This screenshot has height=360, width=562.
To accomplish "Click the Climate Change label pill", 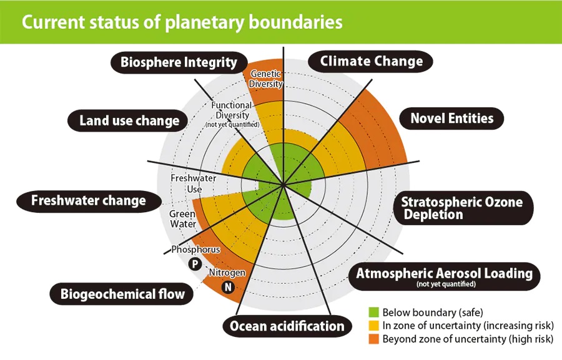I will pyautogui.click(x=372, y=61).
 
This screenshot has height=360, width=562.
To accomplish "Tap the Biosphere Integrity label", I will pyautogui.click(x=179, y=62).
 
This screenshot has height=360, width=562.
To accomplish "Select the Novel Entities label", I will pyautogui.click(x=451, y=118).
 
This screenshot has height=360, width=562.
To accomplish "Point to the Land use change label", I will pyautogui.click(x=129, y=120).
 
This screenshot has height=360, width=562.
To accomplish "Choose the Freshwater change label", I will pyautogui.click(x=88, y=200).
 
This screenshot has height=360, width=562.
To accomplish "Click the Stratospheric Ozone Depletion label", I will pyautogui.click(x=461, y=208).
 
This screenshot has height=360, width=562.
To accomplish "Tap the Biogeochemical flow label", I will pyautogui.click(x=122, y=293).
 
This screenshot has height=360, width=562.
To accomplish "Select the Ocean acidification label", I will pyautogui.click(x=287, y=326).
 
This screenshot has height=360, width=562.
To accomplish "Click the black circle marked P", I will pyautogui.click(x=195, y=264).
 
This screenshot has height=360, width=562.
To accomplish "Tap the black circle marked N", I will pyautogui.click(x=228, y=288).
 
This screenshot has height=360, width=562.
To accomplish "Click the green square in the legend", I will pyautogui.click(x=374, y=312).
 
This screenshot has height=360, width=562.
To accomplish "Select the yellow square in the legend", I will pyautogui.click(x=374, y=326).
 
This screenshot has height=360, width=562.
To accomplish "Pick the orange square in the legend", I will pyautogui.click(x=374, y=339).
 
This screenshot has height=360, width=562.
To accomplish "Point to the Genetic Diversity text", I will pyautogui.click(x=266, y=79).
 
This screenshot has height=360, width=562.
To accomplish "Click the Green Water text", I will pyautogui.click(x=182, y=219).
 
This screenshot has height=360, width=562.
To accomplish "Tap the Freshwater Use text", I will pyautogui.click(x=194, y=183).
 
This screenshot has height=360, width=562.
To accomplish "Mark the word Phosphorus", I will pyautogui.click(x=195, y=250).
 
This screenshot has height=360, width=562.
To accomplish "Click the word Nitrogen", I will pyautogui.click(x=227, y=273).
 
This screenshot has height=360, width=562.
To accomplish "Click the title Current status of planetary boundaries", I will pyautogui.click(x=182, y=22).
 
